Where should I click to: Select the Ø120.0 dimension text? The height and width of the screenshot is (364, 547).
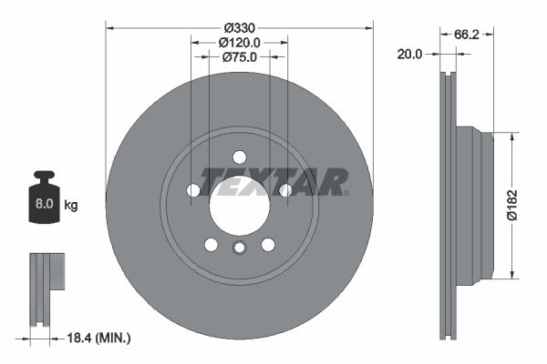(240, 42)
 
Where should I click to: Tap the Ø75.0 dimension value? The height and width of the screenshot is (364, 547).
(240, 56)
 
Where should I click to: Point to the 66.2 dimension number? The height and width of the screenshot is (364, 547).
(468, 35)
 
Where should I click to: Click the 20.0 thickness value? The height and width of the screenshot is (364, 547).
(411, 54)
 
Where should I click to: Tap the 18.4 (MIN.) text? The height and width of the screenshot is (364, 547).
(101, 338)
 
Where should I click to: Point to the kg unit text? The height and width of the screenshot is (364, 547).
(71, 206)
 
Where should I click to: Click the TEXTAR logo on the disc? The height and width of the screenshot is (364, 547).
(273, 182)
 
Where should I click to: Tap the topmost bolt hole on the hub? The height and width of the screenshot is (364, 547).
(240, 157)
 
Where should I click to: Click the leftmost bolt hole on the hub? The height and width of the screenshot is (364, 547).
(193, 190)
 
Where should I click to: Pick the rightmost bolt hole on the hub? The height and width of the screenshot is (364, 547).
(285, 190)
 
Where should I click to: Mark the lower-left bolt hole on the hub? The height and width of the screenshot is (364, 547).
(212, 244)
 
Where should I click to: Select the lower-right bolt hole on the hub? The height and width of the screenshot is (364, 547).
(268, 244)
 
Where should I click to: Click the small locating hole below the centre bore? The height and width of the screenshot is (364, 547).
(240, 248)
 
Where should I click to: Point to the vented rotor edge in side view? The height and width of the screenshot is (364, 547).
(448, 205)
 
